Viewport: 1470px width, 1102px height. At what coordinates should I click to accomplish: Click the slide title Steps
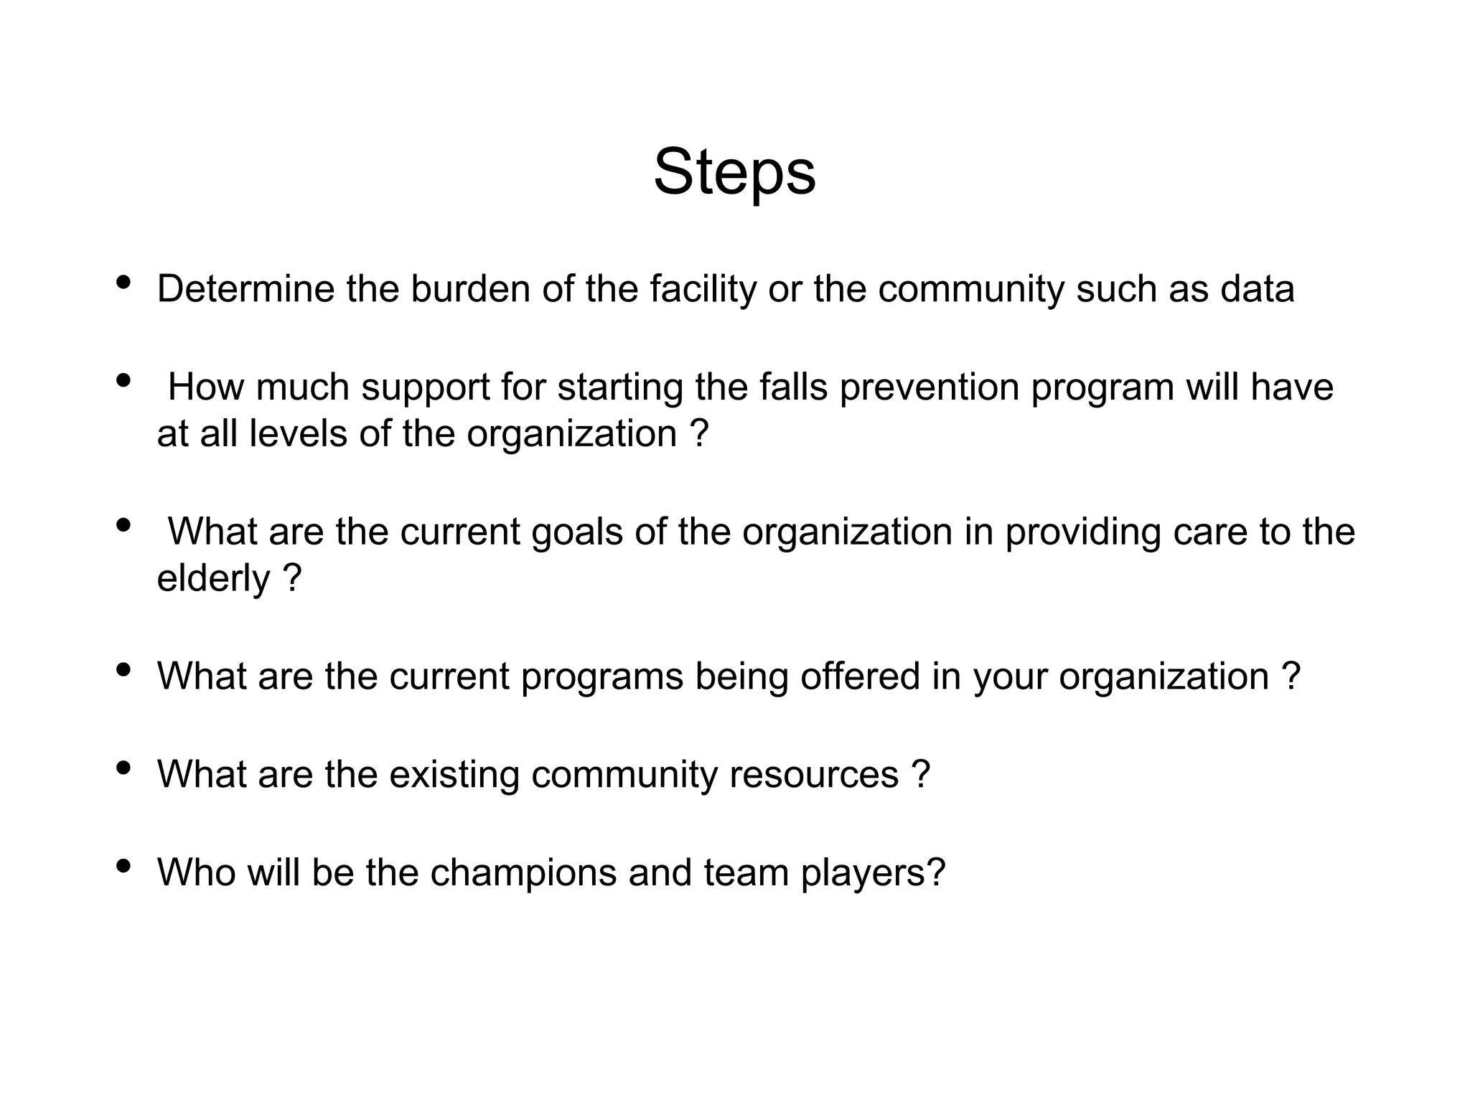[734, 173]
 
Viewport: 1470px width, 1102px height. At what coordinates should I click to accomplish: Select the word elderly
[213, 578]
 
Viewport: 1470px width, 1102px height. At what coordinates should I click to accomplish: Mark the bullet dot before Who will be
[123, 866]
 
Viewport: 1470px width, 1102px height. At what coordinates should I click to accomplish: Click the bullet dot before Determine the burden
[123, 282]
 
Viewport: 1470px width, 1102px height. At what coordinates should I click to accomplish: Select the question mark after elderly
[292, 578]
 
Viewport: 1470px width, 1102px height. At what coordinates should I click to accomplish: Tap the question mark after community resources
[921, 775]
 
